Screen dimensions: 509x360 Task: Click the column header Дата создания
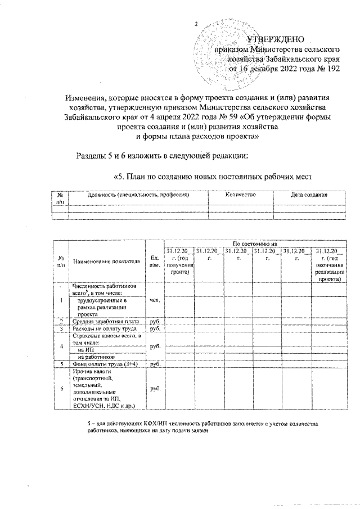tap(309, 194)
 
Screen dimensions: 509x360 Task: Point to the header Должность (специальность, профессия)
tap(138, 194)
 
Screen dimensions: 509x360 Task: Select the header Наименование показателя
tap(106, 262)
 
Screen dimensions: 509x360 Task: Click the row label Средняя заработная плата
tap(102, 321)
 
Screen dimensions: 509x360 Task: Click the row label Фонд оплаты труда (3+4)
tap(103, 364)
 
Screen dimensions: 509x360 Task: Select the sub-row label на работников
tap(96, 357)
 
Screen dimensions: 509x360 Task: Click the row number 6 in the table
tap(61, 389)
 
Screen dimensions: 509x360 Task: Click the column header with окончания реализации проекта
tap(329, 264)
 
